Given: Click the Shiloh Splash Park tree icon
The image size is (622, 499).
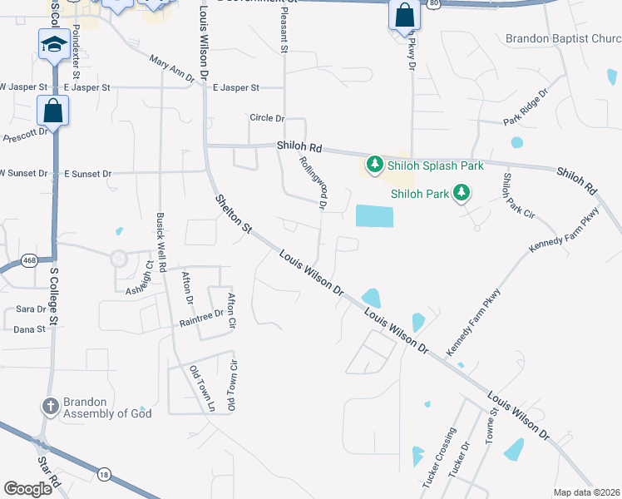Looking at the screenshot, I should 375,165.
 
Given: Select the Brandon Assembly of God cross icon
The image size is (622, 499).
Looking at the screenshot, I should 51,406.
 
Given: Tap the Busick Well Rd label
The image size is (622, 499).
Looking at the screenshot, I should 160,237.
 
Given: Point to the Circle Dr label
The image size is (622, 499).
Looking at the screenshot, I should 268,118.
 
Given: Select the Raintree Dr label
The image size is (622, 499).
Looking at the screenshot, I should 202,314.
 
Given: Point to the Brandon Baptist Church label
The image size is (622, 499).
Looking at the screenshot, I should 563,39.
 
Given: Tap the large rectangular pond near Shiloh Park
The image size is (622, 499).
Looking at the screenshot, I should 374,215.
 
